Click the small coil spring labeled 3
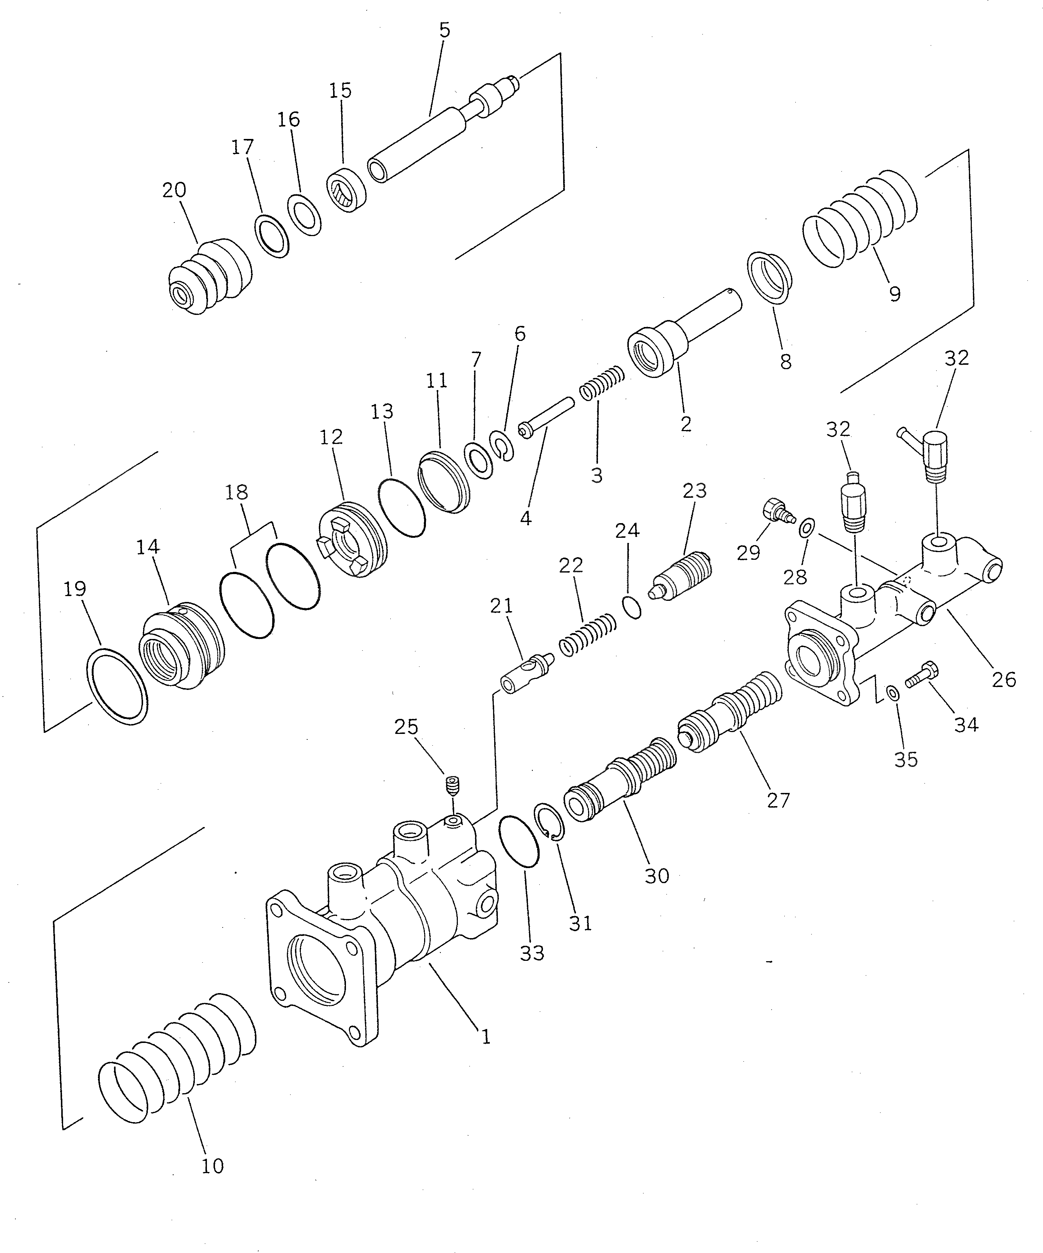click(602, 384)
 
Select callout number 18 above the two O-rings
click(237, 493)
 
